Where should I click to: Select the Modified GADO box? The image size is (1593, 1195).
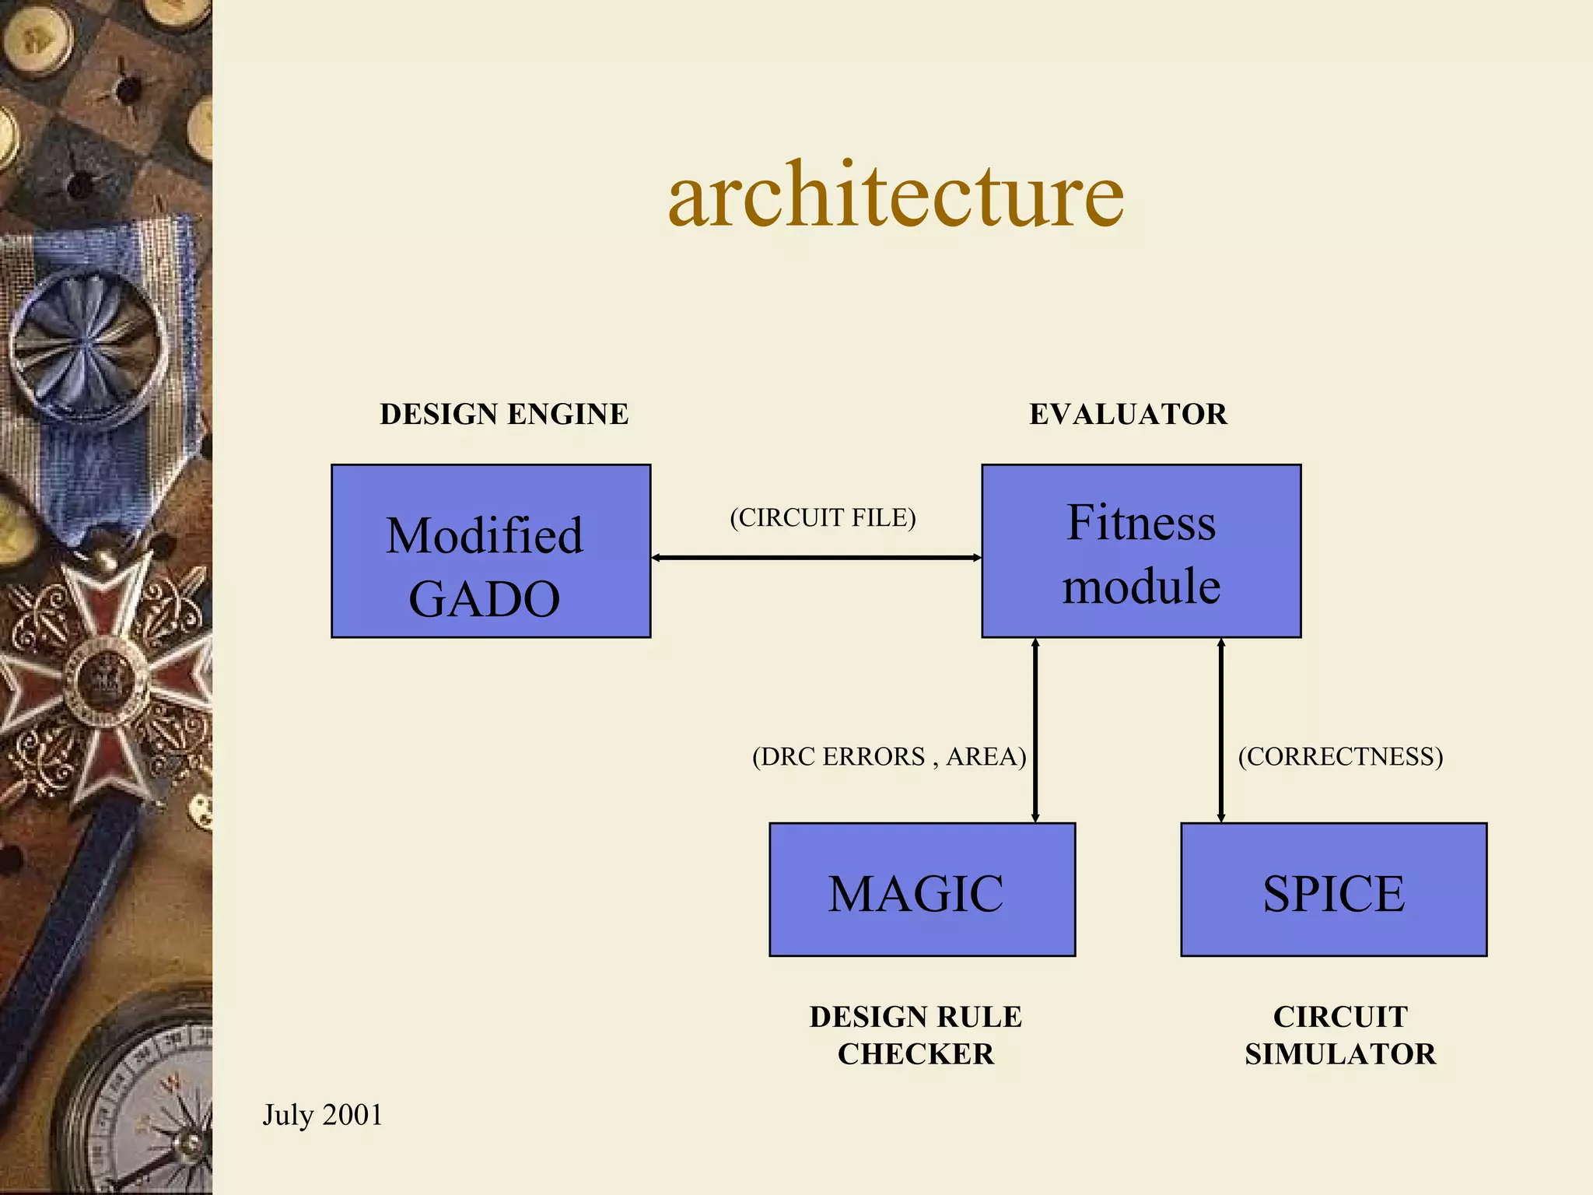point(491,551)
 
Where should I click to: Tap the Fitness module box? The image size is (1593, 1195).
point(1141,551)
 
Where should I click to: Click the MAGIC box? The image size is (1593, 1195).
point(922,889)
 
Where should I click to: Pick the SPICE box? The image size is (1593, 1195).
point(1333,889)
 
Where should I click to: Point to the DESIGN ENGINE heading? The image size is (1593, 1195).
point(504,414)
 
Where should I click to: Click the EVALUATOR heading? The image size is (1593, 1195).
point(1128,414)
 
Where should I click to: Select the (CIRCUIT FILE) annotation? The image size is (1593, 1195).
point(822,518)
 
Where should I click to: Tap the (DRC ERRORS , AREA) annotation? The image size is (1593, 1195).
point(889,756)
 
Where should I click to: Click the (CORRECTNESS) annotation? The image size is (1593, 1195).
point(1340,756)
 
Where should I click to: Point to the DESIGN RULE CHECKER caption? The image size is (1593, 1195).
point(916,1035)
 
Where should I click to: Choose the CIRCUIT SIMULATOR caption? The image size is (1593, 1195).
point(1340,1035)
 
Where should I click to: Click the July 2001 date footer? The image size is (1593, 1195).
point(322,1115)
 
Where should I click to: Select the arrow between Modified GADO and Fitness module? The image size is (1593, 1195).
point(816,558)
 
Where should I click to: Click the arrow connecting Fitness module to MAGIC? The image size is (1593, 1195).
point(1035,730)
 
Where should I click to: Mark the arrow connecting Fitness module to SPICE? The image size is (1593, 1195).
point(1221,730)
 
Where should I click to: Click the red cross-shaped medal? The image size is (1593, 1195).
point(105,677)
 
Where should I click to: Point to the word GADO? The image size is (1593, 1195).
point(484,599)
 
